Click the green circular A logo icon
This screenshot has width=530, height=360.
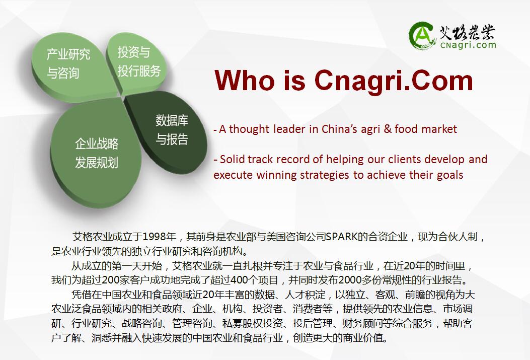[x=421, y=35]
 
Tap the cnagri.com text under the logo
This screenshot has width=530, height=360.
[x=468, y=45]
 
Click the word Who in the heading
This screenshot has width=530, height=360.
[x=245, y=81]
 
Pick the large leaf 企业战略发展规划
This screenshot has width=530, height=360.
[x=96, y=153]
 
